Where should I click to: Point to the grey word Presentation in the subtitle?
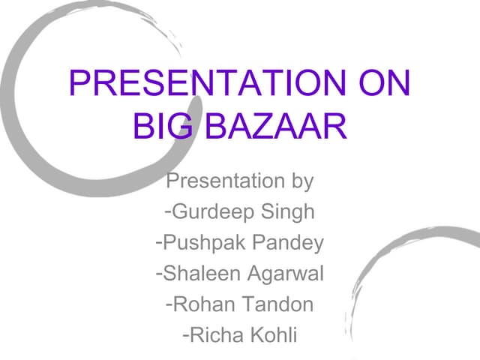[x=223, y=181]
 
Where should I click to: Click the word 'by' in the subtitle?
[x=299, y=181]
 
